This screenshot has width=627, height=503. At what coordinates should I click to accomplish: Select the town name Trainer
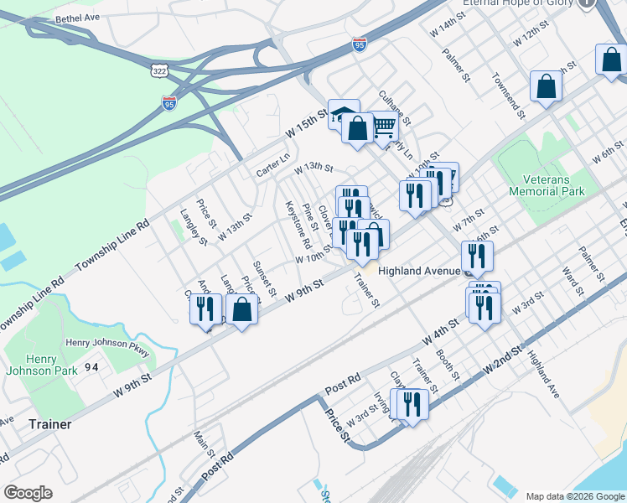(x=49, y=424)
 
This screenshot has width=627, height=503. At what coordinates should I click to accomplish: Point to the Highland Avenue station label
(x=418, y=271)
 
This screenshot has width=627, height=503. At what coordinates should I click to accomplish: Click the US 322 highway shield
(x=158, y=72)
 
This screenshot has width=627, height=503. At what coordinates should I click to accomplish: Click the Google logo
(x=28, y=493)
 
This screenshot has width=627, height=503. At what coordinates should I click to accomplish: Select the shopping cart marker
(x=383, y=127)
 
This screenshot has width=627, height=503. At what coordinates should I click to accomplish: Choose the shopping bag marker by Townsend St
(x=546, y=86)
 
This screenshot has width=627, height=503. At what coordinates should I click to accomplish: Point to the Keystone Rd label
(x=298, y=226)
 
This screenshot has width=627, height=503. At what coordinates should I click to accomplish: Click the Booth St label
(x=448, y=366)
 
